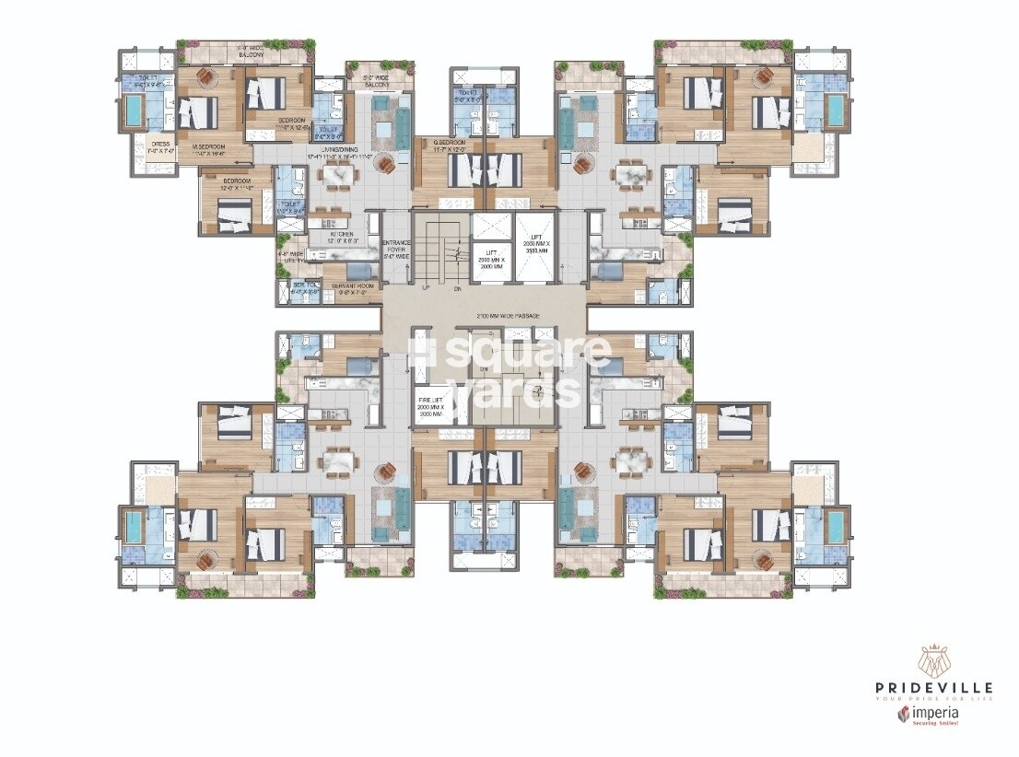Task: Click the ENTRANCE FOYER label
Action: tap(397, 246)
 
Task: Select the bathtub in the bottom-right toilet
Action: tap(836, 528)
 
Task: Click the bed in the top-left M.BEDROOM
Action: tap(196, 113)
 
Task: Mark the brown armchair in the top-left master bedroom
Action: tap(208, 77)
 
